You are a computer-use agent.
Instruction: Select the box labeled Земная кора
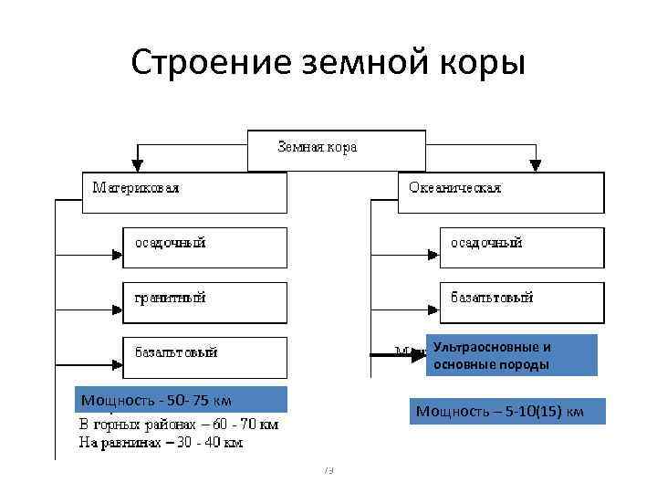(x=337, y=150)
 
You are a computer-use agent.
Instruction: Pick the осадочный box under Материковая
(x=204, y=246)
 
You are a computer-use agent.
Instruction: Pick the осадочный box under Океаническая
(x=521, y=246)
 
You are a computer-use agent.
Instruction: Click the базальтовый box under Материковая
(x=204, y=354)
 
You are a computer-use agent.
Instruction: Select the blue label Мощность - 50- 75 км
(x=181, y=400)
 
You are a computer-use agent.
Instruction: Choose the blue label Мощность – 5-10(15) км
(x=499, y=411)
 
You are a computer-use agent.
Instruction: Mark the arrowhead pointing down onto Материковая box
(x=138, y=165)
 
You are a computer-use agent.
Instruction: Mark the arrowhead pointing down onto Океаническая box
(x=536, y=165)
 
